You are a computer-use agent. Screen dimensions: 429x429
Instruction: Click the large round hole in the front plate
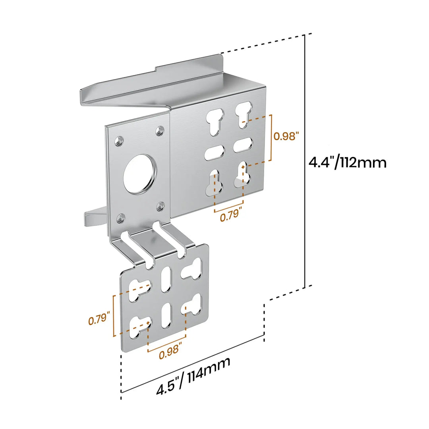coord(140,174)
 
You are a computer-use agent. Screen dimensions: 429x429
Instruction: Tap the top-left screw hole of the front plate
coord(119,141)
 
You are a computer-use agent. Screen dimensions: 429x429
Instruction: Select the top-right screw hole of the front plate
coord(160,131)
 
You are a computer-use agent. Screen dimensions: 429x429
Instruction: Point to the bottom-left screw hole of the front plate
coord(120,218)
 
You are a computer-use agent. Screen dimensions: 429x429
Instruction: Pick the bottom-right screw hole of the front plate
coord(160,206)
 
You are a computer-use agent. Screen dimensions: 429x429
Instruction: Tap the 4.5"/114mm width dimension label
coord(193,375)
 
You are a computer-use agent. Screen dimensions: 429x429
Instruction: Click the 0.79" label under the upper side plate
coord(231,215)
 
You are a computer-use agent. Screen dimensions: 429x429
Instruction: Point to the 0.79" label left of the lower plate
coord(99,318)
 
